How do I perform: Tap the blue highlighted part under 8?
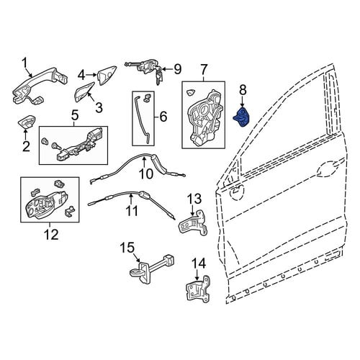(x=242, y=117)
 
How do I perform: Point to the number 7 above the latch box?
(x=204, y=70)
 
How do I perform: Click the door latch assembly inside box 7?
(x=204, y=117)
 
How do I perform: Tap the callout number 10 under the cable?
(x=145, y=174)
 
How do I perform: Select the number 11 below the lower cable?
(x=132, y=211)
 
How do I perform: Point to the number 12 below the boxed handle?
(x=50, y=234)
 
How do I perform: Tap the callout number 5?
(x=75, y=115)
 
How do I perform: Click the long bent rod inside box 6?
(x=143, y=120)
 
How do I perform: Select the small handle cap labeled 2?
(x=27, y=122)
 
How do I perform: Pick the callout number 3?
(x=99, y=107)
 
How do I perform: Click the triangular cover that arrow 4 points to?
(x=106, y=75)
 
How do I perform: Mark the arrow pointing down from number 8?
(x=242, y=102)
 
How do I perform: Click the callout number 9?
(x=177, y=69)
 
